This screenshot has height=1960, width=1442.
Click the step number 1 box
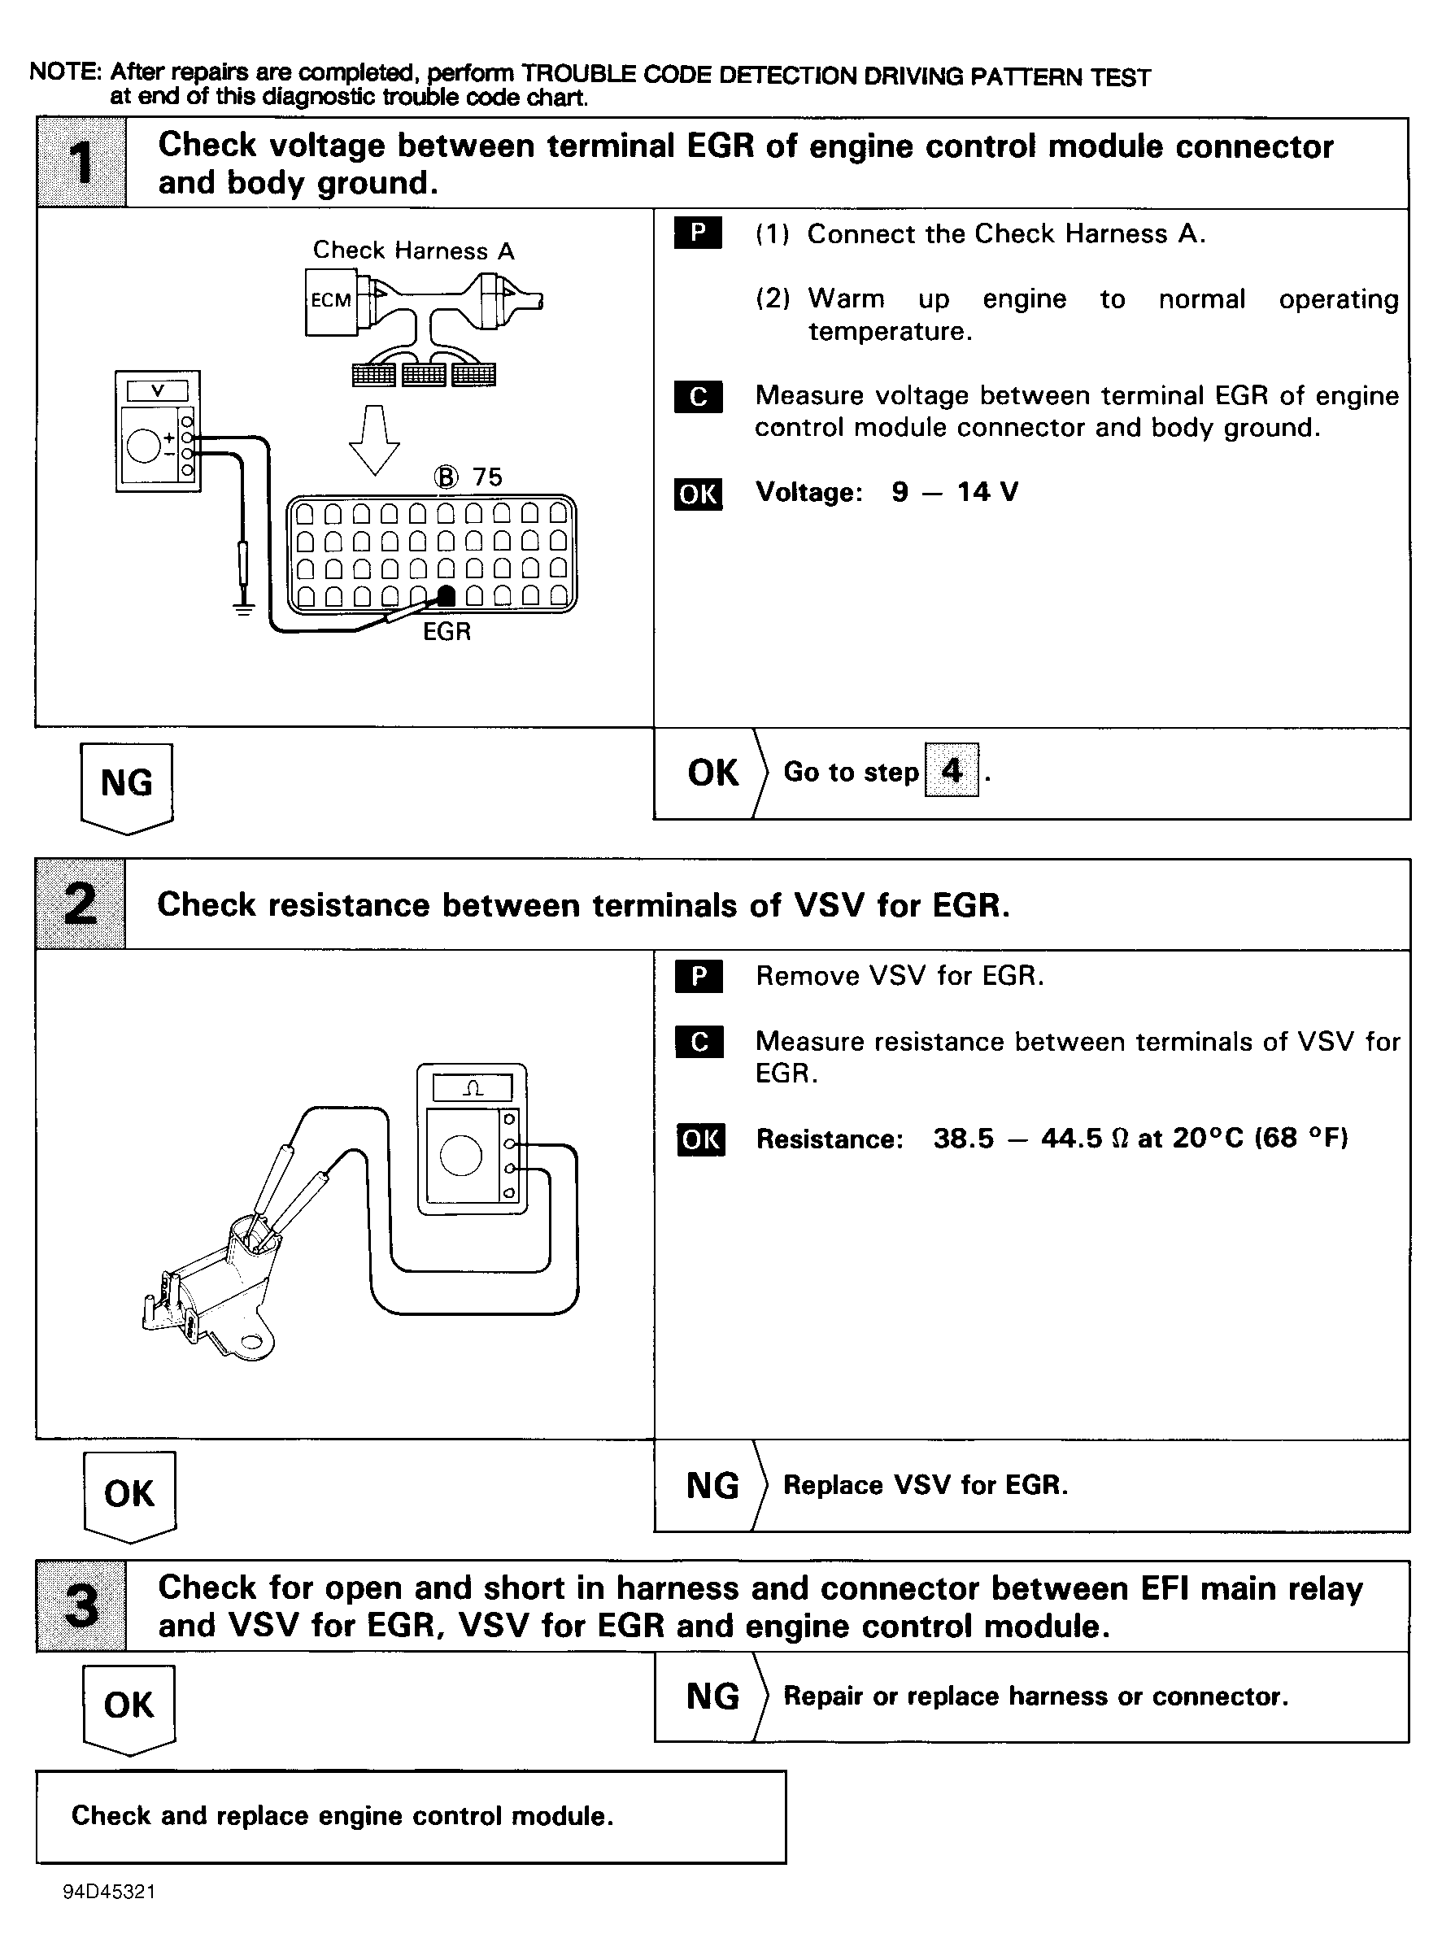tap(81, 163)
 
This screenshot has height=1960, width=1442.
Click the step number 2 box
tap(81, 904)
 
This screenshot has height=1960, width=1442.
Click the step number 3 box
tap(81, 1606)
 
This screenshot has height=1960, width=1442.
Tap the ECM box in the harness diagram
tap(331, 301)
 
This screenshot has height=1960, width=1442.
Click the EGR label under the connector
tap(447, 632)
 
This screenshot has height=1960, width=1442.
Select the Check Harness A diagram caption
tap(414, 251)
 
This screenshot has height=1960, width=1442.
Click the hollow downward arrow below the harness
tap(374, 440)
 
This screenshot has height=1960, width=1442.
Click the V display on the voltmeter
tap(157, 391)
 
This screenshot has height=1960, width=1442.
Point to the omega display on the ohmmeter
tap(473, 1088)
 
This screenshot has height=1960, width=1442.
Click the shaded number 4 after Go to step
tap(952, 770)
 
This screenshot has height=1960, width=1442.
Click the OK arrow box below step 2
tap(130, 1496)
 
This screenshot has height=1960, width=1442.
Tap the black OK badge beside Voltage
tap(699, 494)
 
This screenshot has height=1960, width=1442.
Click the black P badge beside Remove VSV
tap(699, 976)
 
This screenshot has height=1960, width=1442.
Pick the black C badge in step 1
tap(699, 396)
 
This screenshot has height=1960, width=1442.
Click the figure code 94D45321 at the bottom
tap(109, 1892)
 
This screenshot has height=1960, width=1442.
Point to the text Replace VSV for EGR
tap(926, 1485)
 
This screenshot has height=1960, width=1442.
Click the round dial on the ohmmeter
tap(461, 1156)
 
